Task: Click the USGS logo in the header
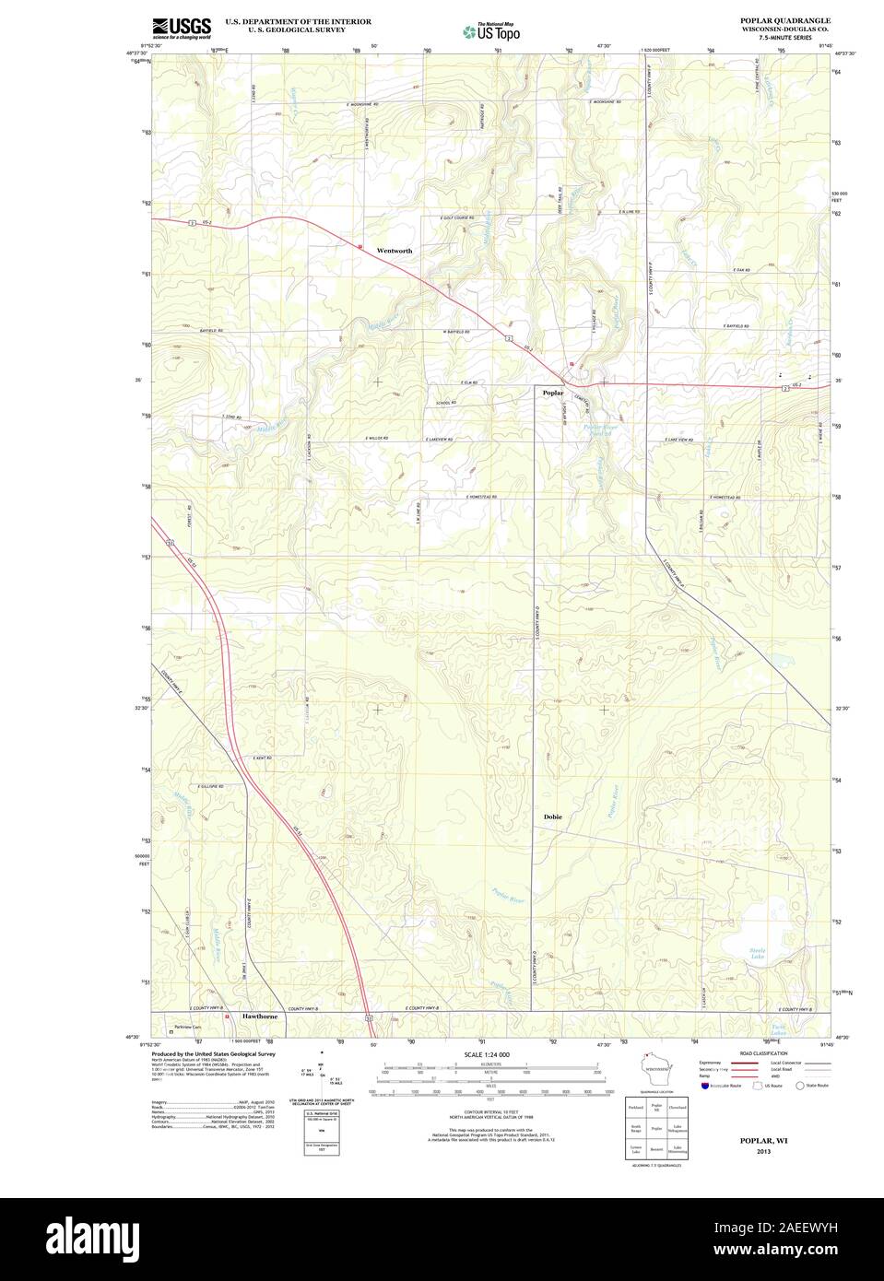pyautogui.click(x=181, y=28)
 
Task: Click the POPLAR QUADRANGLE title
pyautogui.click(x=784, y=19)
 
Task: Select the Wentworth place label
pyautogui.click(x=395, y=251)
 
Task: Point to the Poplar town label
pyautogui.click(x=553, y=393)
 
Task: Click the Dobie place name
pyautogui.click(x=552, y=817)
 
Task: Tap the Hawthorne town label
pyautogui.click(x=260, y=1016)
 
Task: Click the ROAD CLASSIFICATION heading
pyautogui.click(x=763, y=1052)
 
